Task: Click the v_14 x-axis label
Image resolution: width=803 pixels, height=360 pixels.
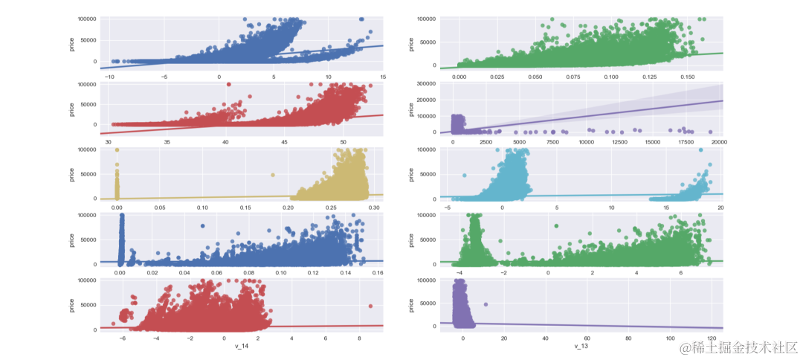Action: [239, 346]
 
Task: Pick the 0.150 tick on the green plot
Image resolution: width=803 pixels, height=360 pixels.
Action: [686, 77]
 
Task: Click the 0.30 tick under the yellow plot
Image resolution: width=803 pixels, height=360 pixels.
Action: [374, 207]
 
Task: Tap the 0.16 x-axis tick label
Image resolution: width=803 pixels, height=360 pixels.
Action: [377, 273]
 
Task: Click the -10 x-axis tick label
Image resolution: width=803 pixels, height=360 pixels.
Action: [110, 77]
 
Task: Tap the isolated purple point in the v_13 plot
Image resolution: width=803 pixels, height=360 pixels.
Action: [486, 304]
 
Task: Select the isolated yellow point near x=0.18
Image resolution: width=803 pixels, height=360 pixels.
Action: [273, 176]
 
